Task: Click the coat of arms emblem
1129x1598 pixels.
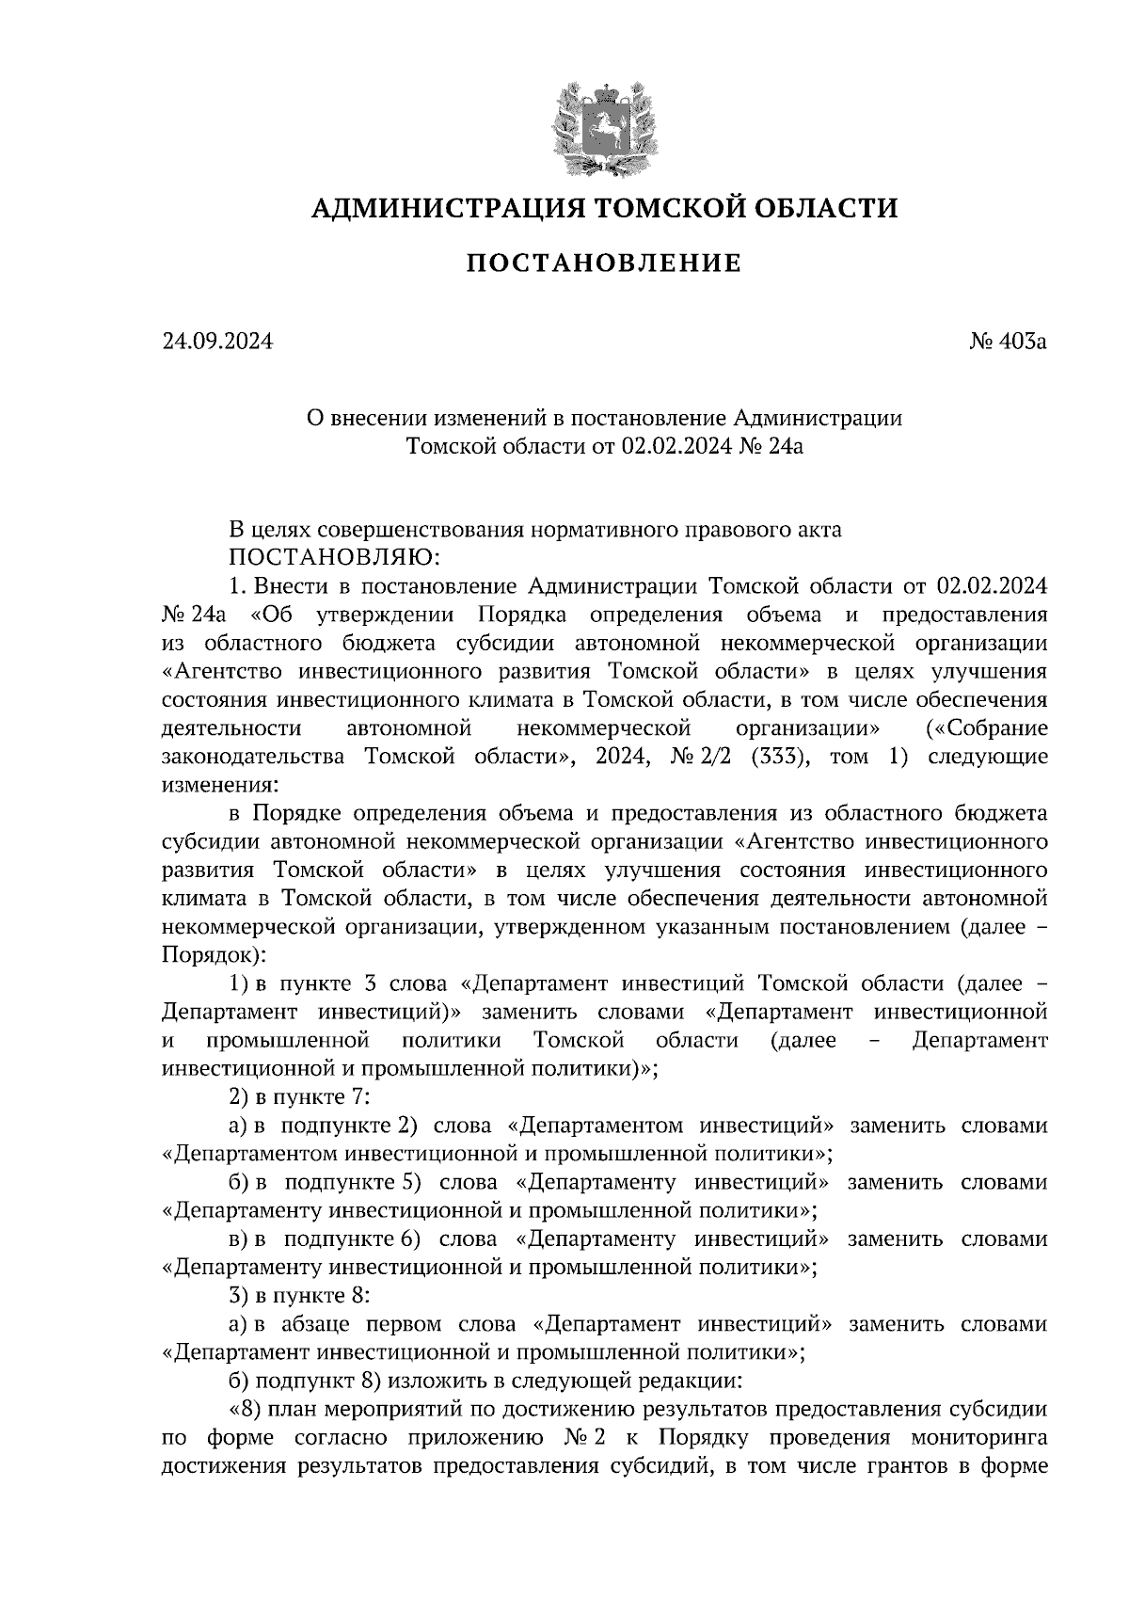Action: (x=603, y=128)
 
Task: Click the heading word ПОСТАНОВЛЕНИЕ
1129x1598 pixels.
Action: (x=603, y=264)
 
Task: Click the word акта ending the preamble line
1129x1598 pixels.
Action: (x=816, y=529)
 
